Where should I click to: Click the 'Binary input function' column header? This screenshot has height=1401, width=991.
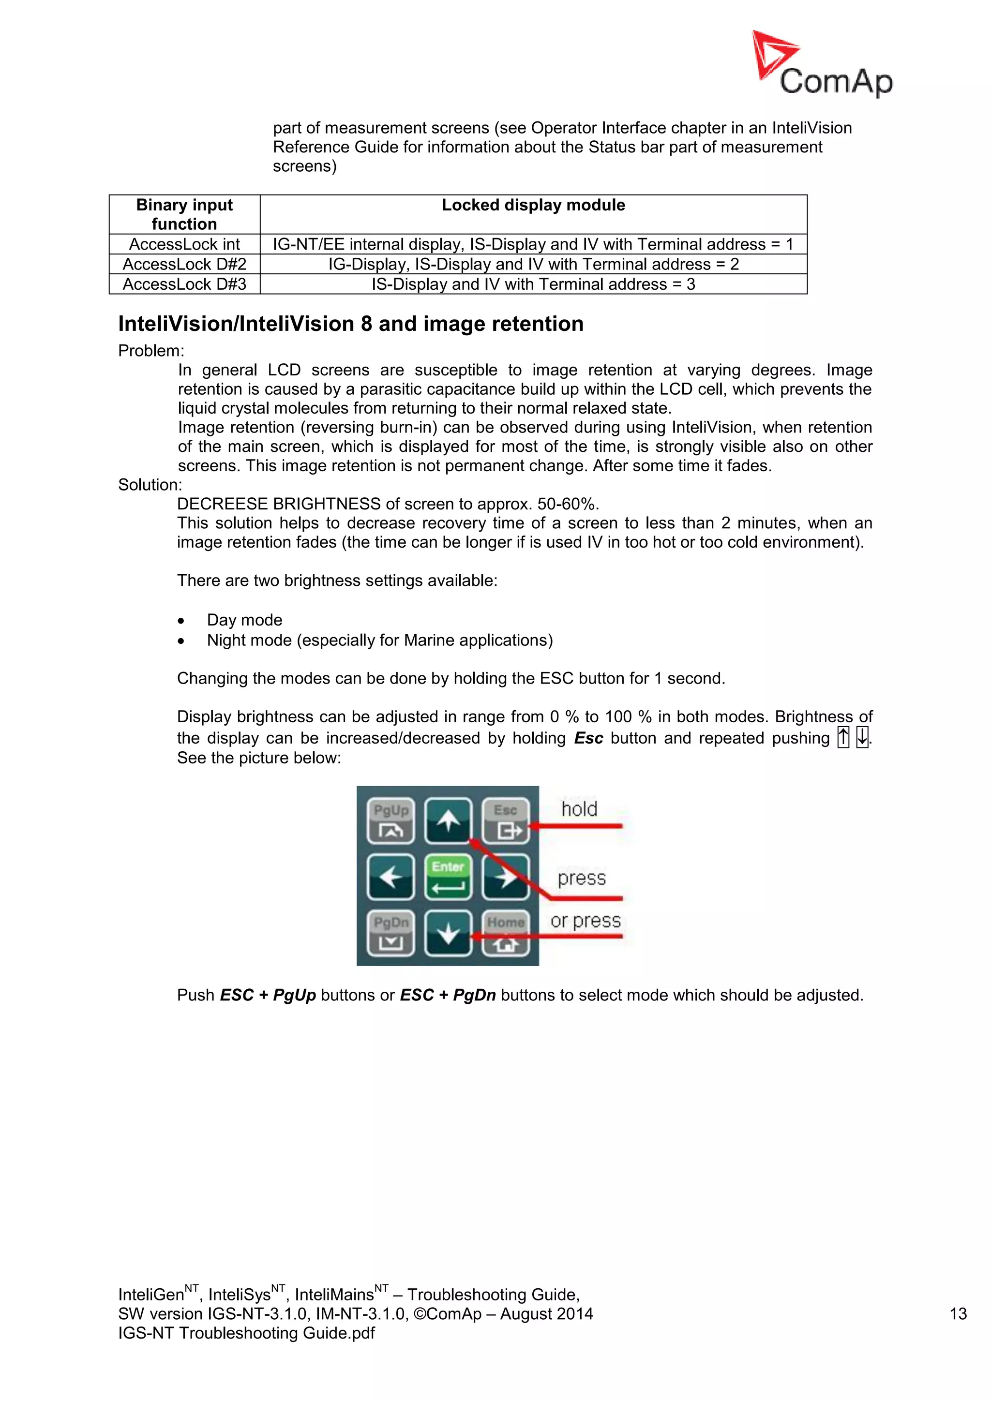tap(184, 214)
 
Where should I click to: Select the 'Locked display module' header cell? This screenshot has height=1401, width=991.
tap(533, 206)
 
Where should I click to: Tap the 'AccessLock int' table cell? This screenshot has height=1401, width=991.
tap(184, 244)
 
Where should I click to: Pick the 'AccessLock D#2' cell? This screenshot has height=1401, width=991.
tap(184, 264)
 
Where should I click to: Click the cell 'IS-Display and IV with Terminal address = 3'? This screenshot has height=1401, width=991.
tap(533, 284)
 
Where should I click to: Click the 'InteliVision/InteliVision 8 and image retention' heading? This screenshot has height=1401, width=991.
tap(350, 324)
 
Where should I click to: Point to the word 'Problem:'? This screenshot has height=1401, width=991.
tap(150, 351)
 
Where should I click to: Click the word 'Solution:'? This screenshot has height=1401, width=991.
tap(150, 484)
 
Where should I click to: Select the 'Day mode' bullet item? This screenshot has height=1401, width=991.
tap(244, 620)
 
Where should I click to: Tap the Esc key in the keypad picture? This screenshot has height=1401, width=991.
tap(506, 820)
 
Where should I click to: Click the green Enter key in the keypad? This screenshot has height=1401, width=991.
tap(448, 878)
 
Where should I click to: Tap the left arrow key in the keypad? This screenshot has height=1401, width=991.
tap(390, 878)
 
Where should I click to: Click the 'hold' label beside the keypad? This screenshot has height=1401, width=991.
tap(579, 809)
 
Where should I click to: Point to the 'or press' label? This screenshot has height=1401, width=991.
tap(585, 921)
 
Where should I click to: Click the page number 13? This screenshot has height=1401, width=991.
tap(958, 1314)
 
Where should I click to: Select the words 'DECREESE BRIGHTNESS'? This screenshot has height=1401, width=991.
tap(279, 504)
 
